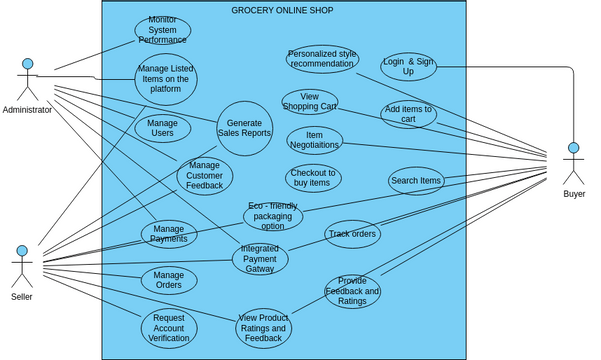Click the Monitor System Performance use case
[x=162, y=31]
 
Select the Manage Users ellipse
[x=162, y=128]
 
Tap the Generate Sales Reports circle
[x=244, y=128]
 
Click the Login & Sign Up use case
[x=408, y=67]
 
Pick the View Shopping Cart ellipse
[x=309, y=101]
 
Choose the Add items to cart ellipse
[x=408, y=114]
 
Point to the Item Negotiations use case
[x=315, y=140]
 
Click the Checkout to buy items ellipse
[x=313, y=178]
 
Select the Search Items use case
[x=416, y=181]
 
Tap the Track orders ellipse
[x=352, y=235]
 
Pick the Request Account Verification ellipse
[x=168, y=326]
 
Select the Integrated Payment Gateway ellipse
[x=260, y=258]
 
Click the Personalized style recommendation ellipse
[x=322, y=59]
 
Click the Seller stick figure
[x=22, y=265]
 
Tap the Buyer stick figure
[x=574, y=162]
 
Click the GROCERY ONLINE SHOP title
[x=283, y=10]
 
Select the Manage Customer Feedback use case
[x=205, y=176]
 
